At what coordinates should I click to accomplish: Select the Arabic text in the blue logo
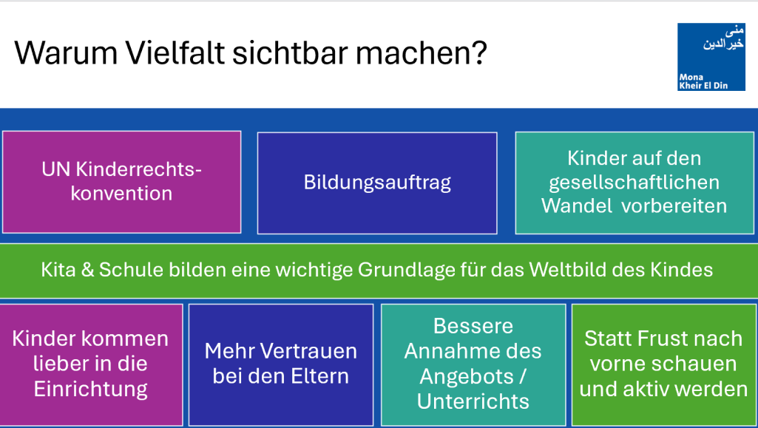[x=723, y=38]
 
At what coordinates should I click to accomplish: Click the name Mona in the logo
[x=691, y=77]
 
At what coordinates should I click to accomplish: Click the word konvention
[x=121, y=194]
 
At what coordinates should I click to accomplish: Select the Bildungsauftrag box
[x=377, y=183]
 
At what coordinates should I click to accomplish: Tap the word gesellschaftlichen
[x=635, y=183]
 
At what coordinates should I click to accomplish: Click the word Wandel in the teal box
[x=578, y=205]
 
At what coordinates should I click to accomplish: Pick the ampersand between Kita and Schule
[x=87, y=270]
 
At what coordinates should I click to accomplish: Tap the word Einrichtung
[x=91, y=390]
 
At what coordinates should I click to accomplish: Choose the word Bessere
[x=473, y=326]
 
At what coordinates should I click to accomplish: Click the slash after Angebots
[x=522, y=376]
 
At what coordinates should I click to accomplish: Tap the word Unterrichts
[x=473, y=401]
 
